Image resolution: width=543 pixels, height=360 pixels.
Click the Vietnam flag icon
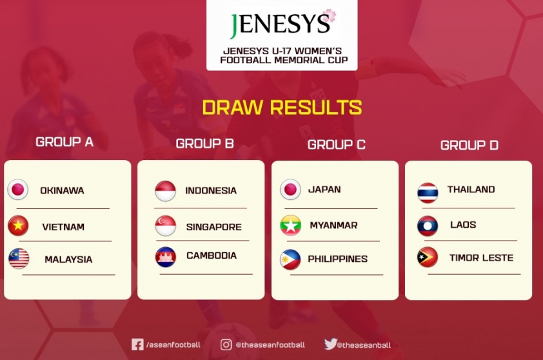click(18, 226)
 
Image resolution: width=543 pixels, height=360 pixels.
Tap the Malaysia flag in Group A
click(19, 259)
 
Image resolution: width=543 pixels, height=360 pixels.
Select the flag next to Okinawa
click(17, 190)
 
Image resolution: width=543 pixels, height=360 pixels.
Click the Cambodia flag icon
click(166, 257)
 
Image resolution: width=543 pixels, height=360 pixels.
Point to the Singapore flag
click(166, 226)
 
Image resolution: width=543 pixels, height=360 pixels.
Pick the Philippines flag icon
click(290, 259)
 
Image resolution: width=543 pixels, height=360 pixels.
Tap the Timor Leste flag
click(428, 257)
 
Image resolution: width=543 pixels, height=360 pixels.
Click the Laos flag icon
click(428, 226)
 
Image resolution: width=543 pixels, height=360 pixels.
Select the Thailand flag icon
click(428, 193)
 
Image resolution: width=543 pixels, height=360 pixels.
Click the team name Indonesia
click(211, 190)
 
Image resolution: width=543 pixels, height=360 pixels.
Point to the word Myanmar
click(333, 225)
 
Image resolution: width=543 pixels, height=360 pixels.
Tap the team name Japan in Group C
click(324, 189)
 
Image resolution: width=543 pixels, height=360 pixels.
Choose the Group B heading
click(204, 143)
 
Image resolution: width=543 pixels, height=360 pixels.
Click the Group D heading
click(469, 145)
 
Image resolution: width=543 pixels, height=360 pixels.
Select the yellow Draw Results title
click(282, 107)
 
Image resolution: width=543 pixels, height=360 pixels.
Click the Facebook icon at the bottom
click(137, 345)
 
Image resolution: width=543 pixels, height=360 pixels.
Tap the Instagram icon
click(226, 345)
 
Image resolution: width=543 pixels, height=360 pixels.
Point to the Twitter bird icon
click(330, 344)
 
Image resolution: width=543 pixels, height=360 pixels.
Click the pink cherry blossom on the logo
click(329, 15)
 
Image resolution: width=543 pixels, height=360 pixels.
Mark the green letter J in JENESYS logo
click(234, 26)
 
